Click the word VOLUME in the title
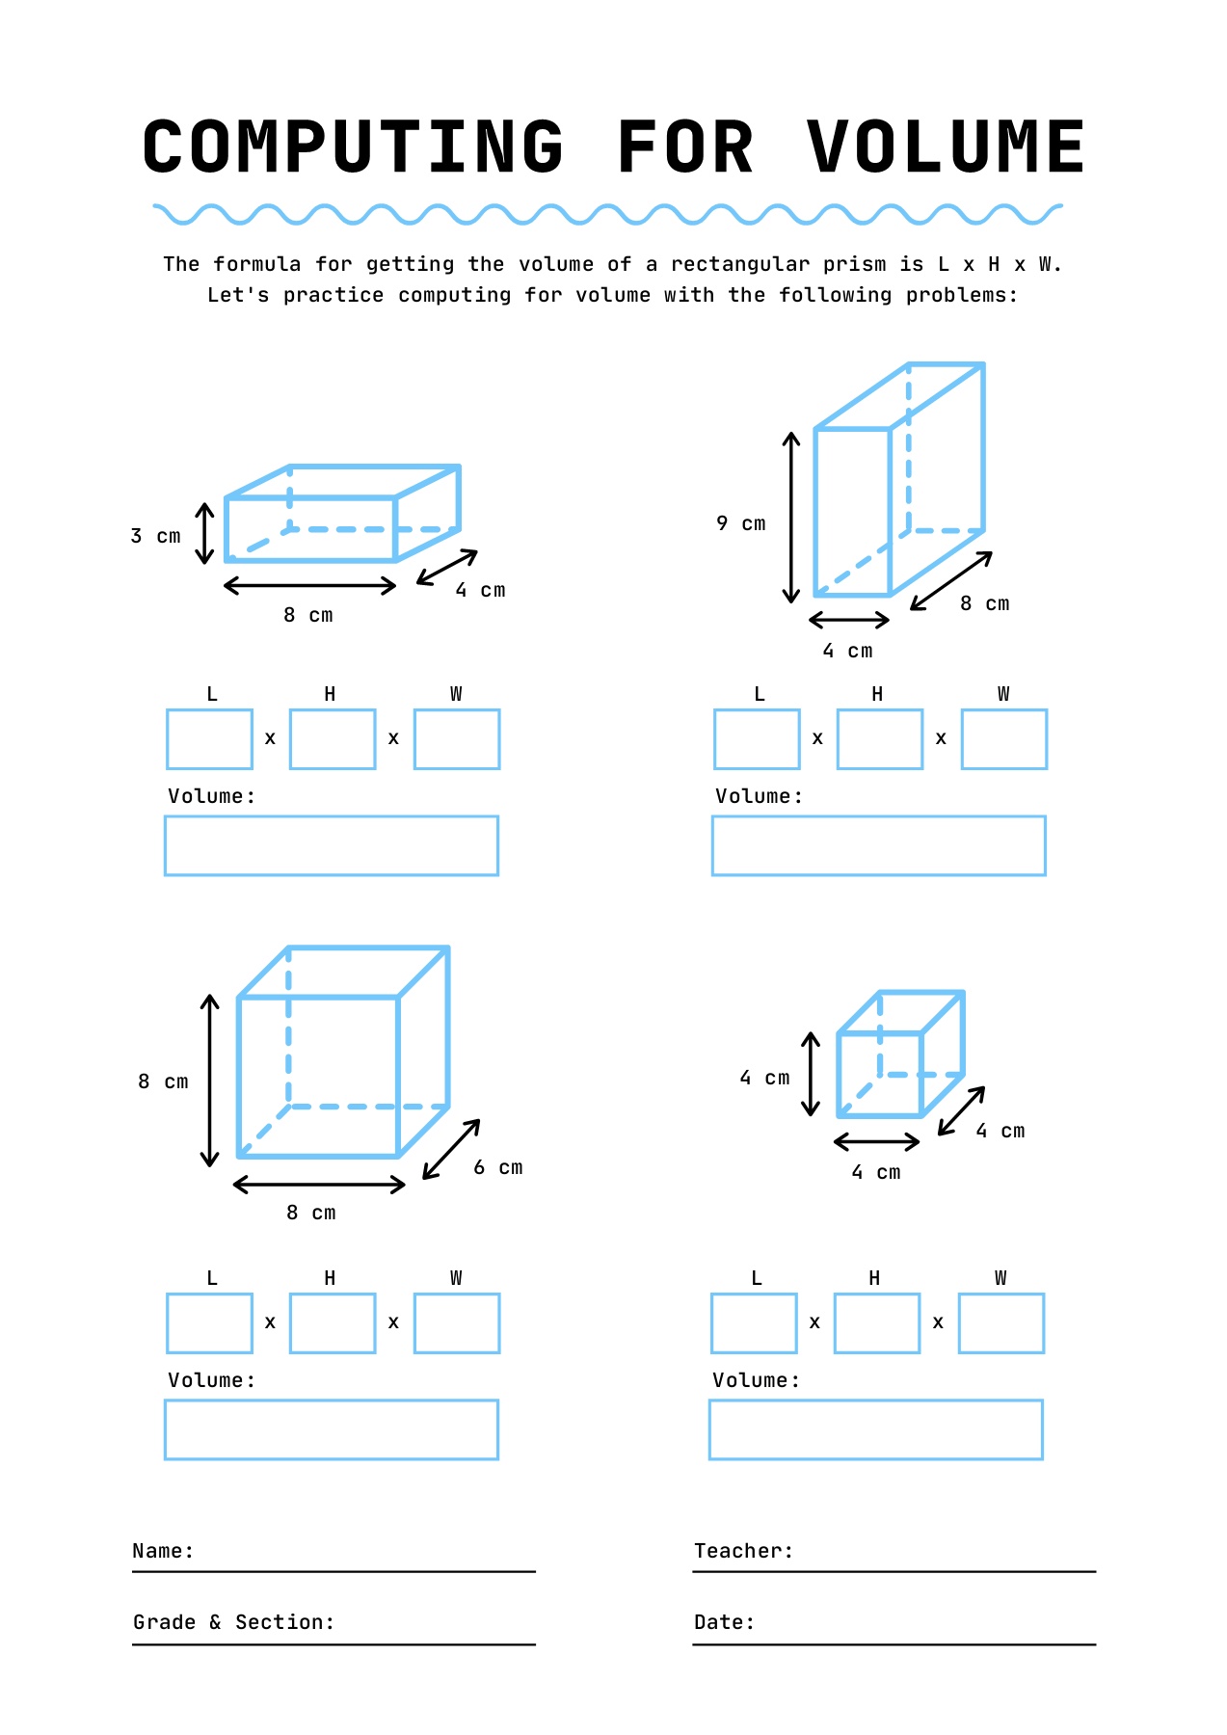947,147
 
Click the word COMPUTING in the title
353,147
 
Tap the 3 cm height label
156,536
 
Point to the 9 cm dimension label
740,523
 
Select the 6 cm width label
498,1167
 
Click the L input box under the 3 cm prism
209,739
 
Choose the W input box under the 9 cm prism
1003,739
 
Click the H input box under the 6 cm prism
333,1323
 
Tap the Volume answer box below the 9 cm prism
878,845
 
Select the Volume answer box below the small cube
875,1429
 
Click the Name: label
163,1551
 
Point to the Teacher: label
743,1551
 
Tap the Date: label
724,1622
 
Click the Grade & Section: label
233,1622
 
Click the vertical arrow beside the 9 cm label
791,518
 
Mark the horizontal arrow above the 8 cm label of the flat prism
309,585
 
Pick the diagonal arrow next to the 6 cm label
451,1149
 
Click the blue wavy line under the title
607,214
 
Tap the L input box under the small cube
754,1323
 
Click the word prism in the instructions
854,264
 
